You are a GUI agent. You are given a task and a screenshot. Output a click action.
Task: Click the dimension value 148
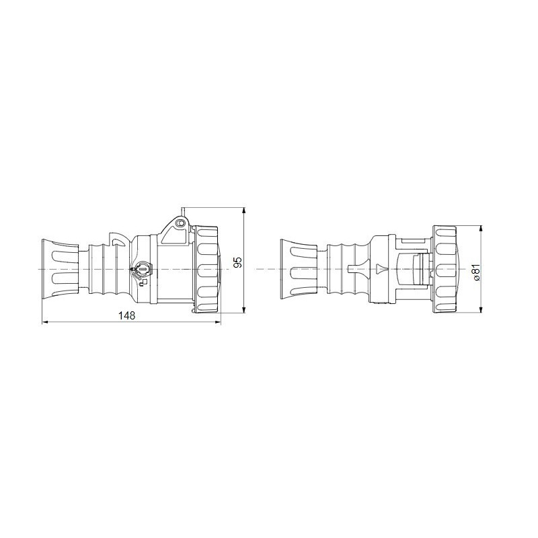(126, 316)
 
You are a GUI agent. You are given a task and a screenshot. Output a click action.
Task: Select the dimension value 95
(237, 262)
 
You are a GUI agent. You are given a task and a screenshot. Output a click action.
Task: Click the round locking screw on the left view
(142, 270)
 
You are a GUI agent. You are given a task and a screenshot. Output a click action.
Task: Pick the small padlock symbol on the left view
(143, 282)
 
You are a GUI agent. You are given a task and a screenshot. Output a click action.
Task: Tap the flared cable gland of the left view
(61, 269)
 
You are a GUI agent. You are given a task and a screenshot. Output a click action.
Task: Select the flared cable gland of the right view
(296, 269)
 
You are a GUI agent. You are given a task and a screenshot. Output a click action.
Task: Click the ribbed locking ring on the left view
(208, 269)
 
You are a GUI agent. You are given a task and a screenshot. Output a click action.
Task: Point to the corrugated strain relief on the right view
(346, 269)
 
